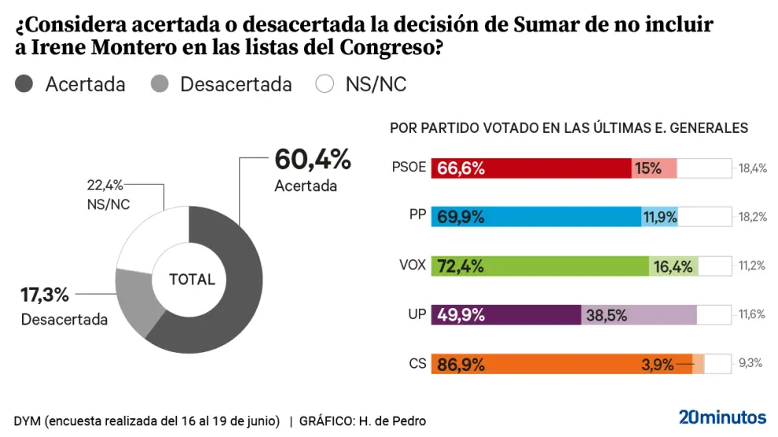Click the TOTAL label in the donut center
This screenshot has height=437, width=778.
[x=192, y=279]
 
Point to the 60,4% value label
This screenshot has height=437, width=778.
[x=312, y=160]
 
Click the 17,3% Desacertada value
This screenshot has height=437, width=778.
[x=44, y=296]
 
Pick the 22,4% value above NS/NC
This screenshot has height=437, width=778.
[x=105, y=185]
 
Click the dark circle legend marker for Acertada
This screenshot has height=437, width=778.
[x=24, y=84]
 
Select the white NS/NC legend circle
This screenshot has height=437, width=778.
[x=325, y=84]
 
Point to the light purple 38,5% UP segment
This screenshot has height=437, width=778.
[x=638, y=315]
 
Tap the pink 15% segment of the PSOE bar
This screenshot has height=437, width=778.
[x=654, y=168]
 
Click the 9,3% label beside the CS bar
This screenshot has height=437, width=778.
[x=751, y=364]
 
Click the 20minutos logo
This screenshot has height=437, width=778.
[x=722, y=417]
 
